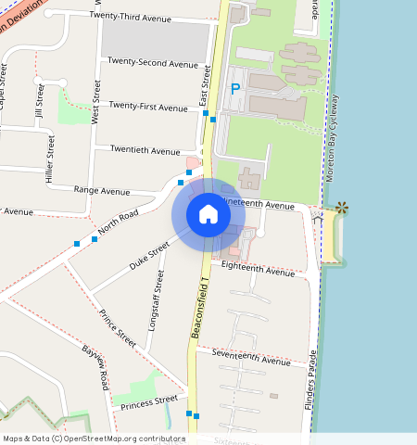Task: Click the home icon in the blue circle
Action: click(x=208, y=214)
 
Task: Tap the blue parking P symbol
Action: click(x=235, y=89)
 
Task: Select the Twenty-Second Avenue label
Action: click(x=152, y=63)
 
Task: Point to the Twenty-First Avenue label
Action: click(x=148, y=108)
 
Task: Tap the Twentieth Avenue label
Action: click(x=145, y=150)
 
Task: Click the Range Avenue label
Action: click(x=102, y=191)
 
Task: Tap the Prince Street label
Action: click(x=118, y=329)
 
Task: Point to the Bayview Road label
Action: click(x=95, y=367)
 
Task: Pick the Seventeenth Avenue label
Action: click(x=250, y=358)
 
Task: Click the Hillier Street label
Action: click(x=51, y=159)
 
